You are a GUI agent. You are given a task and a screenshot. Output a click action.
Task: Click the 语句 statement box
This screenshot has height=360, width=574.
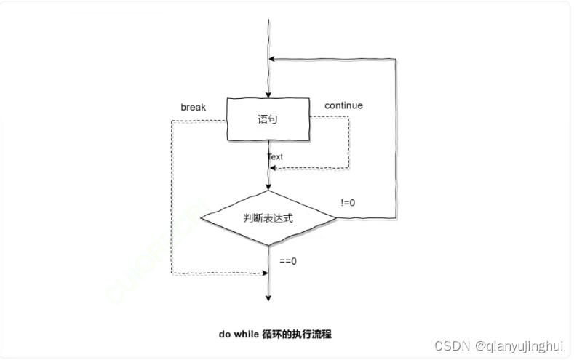pyautogui.click(x=268, y=119)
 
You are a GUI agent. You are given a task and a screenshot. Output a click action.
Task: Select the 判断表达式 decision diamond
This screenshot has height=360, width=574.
pyautogui.click(x=268, y=217)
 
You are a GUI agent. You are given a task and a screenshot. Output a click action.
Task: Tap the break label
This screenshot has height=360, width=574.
pyautogui.click(x=193, y=108)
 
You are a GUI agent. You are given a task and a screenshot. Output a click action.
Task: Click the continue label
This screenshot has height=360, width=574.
pyautogui.click(x=343, y=105)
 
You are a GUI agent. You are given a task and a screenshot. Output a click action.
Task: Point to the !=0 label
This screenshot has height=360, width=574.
pyautogui.click(x=348, y=201)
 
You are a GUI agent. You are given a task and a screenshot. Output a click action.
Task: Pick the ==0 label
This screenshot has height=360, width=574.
pyautogui.click(x=288, y=260)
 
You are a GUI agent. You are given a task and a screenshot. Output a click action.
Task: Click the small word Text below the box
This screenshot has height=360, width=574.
pyautogui.click(x=275, y=156)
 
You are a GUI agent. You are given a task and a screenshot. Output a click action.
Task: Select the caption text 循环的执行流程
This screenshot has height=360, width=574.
pyautogui.click(x=300, y=335)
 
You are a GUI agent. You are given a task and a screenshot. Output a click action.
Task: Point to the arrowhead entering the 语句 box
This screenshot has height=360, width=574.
pyautogui.click(x=268, y=95)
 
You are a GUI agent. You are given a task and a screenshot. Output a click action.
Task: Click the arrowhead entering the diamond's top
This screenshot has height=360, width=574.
pyautogui.click(x=268, y=188)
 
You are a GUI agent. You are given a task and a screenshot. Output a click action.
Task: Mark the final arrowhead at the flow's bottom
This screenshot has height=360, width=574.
pyautogui.click(x=268, y=297)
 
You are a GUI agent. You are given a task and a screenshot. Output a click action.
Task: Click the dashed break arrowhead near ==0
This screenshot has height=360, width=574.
pyautogui.click(x=265, y=273)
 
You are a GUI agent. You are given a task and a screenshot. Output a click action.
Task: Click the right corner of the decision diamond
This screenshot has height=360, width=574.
pyautogui.click(x=336, y=217)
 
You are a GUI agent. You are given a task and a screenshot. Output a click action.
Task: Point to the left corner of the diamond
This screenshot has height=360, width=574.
pyautogui.click(x=201, y=217)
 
